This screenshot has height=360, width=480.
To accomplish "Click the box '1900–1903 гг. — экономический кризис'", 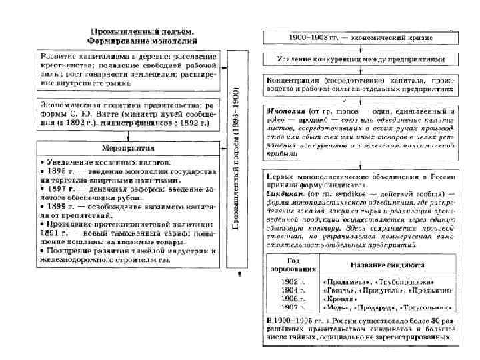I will [357, 37].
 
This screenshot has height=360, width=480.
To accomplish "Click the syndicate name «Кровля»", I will [341, 299].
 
